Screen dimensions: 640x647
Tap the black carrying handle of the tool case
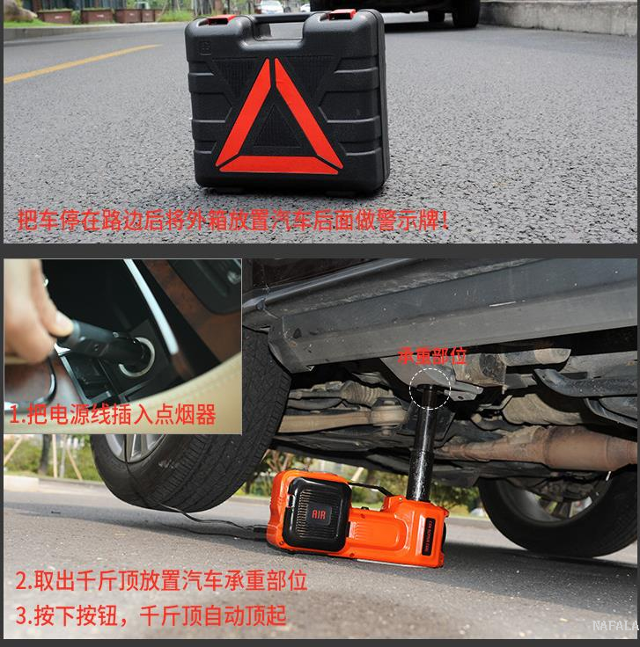(284, 19)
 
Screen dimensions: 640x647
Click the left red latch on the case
(220, 19)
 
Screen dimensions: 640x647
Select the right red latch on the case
(342, 14)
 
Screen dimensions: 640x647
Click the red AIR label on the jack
(319, 514)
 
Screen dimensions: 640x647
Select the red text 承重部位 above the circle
(432, 356)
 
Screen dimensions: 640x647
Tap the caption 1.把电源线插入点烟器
(113, 414)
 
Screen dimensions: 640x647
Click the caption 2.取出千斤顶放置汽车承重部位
(161, 580)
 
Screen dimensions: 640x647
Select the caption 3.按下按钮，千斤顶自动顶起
(151, 615)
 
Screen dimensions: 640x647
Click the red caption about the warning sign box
(232, 221)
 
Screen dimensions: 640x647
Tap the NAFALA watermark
(615, 626)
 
